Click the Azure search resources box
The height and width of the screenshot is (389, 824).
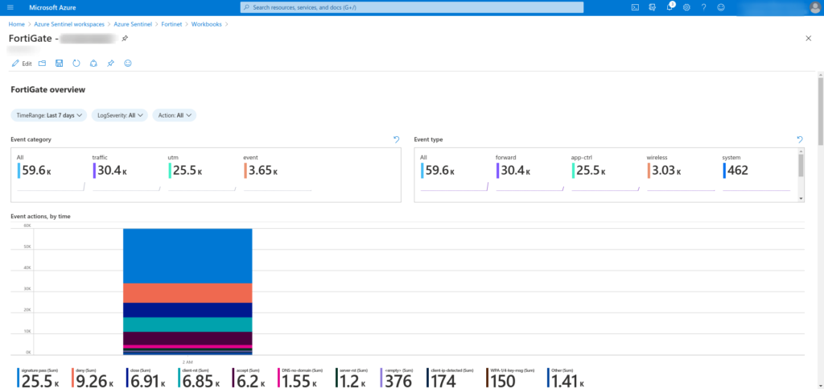pyautogui.click(x=412, y=7)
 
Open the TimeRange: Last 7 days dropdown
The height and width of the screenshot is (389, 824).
pyautogui.click(x=48, y=115)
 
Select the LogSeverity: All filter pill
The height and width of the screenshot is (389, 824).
pyautogui.click(x=119, y=115)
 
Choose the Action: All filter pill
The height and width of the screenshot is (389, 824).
pyautogui.click(x=174, y=115)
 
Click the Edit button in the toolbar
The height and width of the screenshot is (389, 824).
pyautogui.click(x=22, y=63)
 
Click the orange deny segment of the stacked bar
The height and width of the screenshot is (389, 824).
pyautogui.click(x=187, y=292)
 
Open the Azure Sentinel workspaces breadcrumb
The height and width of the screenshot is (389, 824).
pyautogui.click(x=68, y=24)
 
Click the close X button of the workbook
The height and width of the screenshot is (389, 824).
pyautogui.click(x=808, y=39)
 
